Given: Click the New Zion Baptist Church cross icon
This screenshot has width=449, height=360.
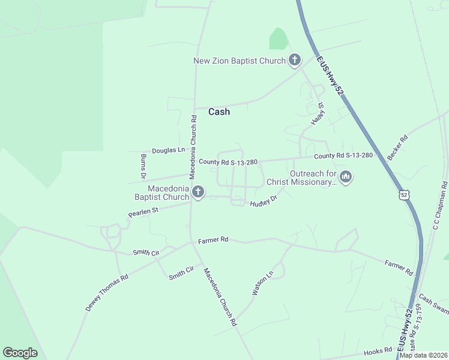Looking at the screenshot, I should point(294,60).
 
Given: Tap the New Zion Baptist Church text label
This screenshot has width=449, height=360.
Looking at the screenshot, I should point(239,61).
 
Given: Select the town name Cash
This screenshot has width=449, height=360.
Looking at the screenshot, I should point(219,112).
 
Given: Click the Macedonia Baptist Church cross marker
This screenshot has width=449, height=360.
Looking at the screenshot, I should point(198,192).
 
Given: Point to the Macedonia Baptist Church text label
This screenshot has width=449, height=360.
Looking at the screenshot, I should point(160,193).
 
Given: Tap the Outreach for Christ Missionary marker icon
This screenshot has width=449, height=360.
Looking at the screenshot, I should point(345,177).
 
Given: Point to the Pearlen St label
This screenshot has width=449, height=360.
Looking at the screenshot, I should point(143,212).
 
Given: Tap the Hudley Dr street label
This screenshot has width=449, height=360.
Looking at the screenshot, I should point(264,201).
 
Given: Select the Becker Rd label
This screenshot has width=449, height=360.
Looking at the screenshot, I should point(397,147).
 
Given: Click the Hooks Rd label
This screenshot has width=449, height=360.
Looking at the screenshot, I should point(378,352).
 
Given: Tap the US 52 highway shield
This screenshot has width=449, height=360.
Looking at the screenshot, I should point(404,194).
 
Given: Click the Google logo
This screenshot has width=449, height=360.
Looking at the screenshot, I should point(20,353).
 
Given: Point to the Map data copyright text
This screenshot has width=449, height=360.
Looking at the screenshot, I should point(423,355).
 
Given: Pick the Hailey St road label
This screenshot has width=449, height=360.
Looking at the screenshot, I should point(318,113).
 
